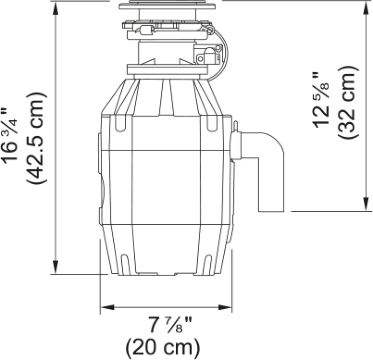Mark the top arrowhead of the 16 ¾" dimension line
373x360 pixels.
pyautogui.click(x=56, y=8)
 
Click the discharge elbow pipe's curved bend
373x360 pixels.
pyautogui.click(x=275, y=142)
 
